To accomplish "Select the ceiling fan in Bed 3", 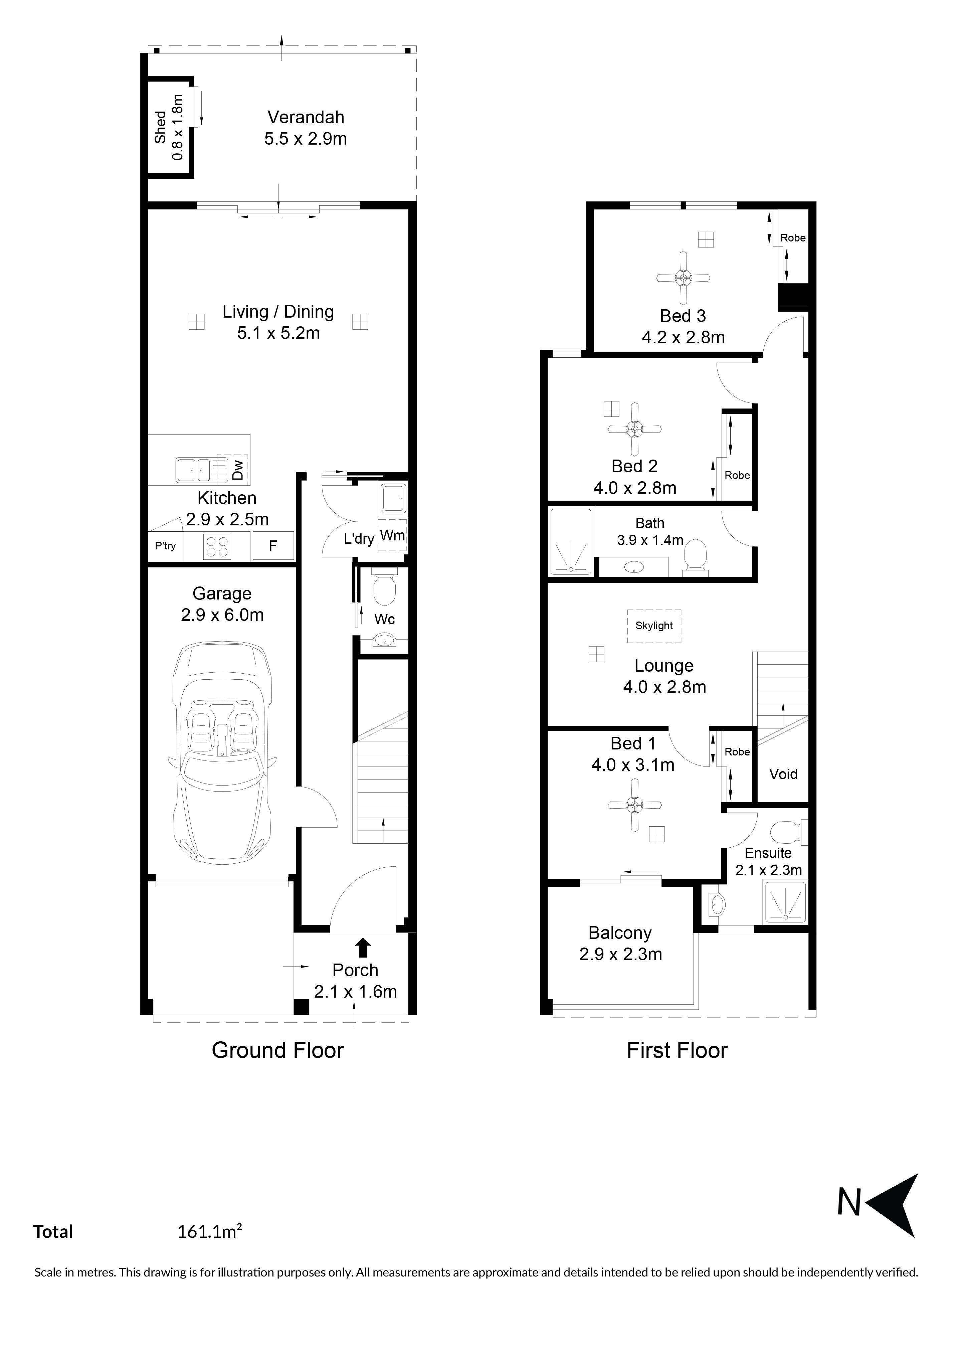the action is (683, 278).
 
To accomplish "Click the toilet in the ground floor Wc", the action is (384, 587).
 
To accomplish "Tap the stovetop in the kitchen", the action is (217, 546).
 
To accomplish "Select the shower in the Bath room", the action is (571, 542).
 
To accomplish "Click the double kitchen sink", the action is (193, 470).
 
